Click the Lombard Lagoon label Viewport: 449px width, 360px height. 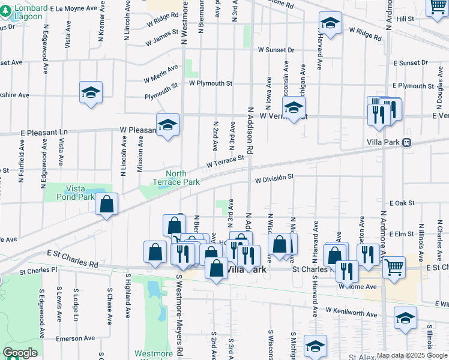[29, 12]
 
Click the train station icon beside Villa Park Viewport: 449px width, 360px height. [406, 143]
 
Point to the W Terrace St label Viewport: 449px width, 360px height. [226, 161]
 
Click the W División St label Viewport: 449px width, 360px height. [274, 178]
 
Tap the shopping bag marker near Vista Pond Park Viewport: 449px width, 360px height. [106, 204]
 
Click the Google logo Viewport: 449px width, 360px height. [20, 353]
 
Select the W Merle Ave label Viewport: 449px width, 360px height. [160, 74]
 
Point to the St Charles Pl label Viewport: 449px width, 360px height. [37, 271]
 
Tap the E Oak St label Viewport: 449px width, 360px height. [402, 204]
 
